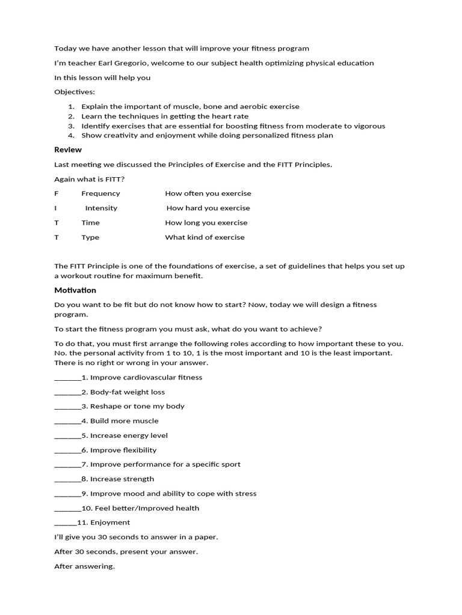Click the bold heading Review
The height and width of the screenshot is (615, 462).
pos(68,150)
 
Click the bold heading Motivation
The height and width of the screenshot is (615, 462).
pos(75,291)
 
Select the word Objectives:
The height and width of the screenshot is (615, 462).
pos(75,92)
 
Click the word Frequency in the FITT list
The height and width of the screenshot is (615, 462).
pos(100,193)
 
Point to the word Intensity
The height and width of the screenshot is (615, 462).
pos(101,208)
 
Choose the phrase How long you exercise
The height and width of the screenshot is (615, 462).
pos(206,222)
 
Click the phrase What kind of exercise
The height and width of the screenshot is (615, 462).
pos(205,237)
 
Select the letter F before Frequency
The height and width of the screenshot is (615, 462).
pos(57,193)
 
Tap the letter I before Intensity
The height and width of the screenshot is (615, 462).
pos(55,208)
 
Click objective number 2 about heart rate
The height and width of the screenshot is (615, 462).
pos(165,116)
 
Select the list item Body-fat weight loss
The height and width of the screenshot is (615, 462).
pos(126,392)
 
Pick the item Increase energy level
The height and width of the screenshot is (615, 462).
pos(129,435)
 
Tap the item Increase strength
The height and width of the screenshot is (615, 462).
pos(122,479)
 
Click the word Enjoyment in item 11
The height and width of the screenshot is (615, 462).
pos(110,523)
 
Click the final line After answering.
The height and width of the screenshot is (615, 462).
pos(84,566)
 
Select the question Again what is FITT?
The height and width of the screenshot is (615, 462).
pos(90,179)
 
